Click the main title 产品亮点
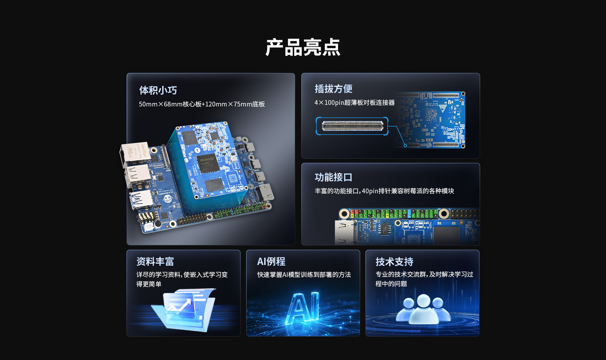pyautogui.click(x=303, y=48)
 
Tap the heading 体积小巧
pyautogui.click(x=158, y=90)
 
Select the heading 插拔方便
pyautogui.click(x=334, y=89)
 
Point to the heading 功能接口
pyautogui.click(x=334, y=177)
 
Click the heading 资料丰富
pyautogui.click(x=155, y=261)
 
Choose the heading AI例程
pyautogui.click(x=271, y=261)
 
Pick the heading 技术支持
pyautogui.click(x=395, y=262)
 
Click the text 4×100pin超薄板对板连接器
pyautogui.click(x=354, y=103)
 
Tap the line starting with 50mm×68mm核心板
pyautogui.click(x=202, y=104)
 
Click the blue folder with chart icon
pyautogui.click(x=184, y=309)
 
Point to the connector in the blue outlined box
pyautogui.click(x=352, y=126)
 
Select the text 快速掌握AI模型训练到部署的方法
pyautogui.click(x=304, y=275)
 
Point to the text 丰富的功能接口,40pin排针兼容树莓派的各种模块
pyautogui.click(x=384, y=191)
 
